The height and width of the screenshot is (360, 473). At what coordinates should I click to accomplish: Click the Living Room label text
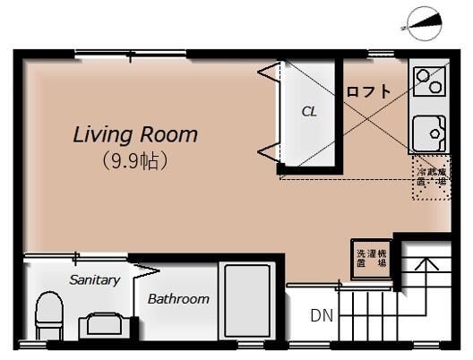point(134,136)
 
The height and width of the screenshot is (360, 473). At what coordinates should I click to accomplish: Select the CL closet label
point(308,112)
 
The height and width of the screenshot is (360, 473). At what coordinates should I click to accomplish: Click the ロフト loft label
point(368,90)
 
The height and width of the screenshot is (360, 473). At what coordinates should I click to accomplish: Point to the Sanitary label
point(94,279)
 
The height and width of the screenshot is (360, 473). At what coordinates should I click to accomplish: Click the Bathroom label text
point(178,299)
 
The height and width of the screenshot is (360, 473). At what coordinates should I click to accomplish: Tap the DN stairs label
point(322,315)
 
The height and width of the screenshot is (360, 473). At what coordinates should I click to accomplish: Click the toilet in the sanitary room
point(49,315)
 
